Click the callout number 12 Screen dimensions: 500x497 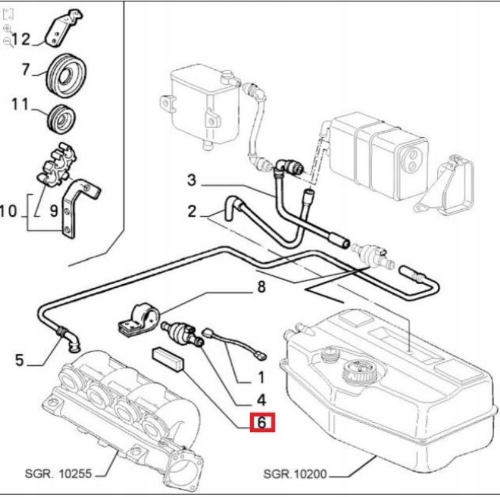tap(21, 39)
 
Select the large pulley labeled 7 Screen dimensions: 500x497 tap(66, 76)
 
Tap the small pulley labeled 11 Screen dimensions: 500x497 tap(61, 119)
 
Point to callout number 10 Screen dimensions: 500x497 tap(9, 211)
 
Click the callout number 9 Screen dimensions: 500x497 tap(54, 211)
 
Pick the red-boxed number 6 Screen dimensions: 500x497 tap(262, 422)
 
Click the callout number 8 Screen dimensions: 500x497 tap(261, 287)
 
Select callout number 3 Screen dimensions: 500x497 tap(191, 180)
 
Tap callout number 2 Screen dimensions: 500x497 tap(192, 212)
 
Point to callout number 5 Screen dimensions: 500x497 tap(20, 360)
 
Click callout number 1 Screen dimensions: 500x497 tap(261, 378)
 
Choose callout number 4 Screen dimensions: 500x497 tap(261, 400)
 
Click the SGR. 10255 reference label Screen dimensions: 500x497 tap(58, 473)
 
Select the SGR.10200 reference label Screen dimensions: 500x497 tap(295, 474)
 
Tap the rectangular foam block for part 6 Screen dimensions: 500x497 tap(168, 360)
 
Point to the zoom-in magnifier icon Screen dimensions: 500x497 tap(7, 29)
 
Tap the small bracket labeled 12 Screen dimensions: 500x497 tap(64, 29)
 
